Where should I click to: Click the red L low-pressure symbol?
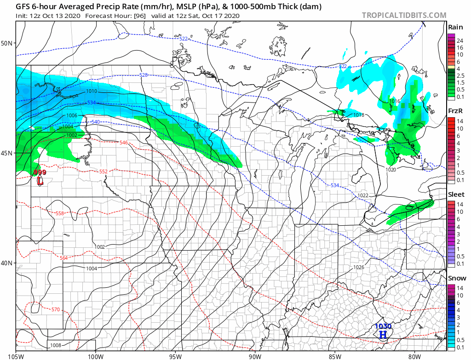tap(40, 181)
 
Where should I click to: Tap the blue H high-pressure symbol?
tap(383, 334)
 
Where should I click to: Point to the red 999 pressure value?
tap(40, 172)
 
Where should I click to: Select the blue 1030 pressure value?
tap(383, 326)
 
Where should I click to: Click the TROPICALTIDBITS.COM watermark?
tap(404, 15)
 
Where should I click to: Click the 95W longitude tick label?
tap(175, 356)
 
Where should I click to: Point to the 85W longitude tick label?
tap(335, 356)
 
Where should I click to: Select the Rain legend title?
tap(455, 28)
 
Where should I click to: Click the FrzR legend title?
tap(455, 111)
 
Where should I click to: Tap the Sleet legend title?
tap(456, 194)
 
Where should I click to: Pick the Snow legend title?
tap(456, 278)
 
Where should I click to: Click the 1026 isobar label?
tap(359, 267)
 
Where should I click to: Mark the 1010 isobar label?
tap(91, 91)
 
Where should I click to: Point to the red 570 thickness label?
tap(55, 310)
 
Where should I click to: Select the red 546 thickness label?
tap(123, 143)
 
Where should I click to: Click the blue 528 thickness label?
tap(144, 74)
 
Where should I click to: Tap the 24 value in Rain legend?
tap(460, 41)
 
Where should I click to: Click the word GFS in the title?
tap(24, 7)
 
